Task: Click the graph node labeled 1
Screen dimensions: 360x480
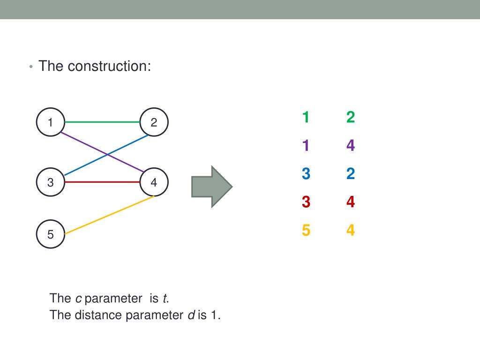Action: click(x=50, y=122)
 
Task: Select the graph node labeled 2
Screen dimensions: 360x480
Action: click(x=154, y=122)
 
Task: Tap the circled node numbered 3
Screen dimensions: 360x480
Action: click(x=50, y=182)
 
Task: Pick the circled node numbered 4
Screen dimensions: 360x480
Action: click(x=154, y=182)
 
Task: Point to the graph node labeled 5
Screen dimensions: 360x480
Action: click(x=50, y=234)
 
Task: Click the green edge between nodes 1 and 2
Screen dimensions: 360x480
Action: click(x=102, y=122)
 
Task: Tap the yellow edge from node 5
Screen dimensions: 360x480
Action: click(x=109, y=215)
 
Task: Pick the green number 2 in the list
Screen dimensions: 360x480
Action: click(x=351, y=117)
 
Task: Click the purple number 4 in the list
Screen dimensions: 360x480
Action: click(x=351, y=146)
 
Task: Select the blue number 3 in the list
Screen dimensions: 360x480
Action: click(x=306, y=174)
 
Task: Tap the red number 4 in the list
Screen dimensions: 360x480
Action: click(x=351, y=202)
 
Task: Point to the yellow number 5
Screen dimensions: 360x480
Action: click(x=306, y=231)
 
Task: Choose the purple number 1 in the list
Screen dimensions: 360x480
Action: click(x=306, y=146)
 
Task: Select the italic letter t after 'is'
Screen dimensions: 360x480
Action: click(x=165, y=298)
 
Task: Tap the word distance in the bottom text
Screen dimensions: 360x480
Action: click(x=98, y=315)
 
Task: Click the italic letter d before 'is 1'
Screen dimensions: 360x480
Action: click(x=191, y=315)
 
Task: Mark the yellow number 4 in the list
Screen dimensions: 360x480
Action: click(x=351, y=231)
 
